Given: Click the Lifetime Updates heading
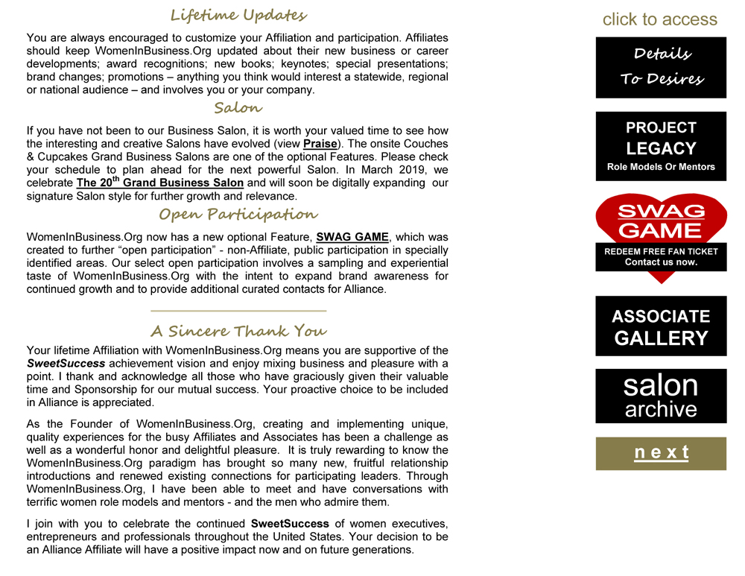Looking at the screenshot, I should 238,15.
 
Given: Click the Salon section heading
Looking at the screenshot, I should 238,108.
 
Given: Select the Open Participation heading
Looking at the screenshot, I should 238,215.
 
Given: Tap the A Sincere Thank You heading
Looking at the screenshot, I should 238,330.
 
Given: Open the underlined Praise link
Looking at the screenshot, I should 320,143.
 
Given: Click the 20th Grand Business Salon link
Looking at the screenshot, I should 160,183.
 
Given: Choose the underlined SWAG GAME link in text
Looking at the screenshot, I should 352,237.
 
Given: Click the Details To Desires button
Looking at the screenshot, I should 661,67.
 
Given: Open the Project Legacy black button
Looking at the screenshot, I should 661,145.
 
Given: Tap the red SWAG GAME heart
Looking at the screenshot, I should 661,220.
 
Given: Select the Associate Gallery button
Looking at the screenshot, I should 661,326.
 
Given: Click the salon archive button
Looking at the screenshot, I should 661,396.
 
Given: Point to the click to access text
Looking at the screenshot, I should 659,19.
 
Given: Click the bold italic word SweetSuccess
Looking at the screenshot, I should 65,364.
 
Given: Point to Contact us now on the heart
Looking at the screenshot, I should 661,262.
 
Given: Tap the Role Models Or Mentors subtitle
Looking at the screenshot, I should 661,167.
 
